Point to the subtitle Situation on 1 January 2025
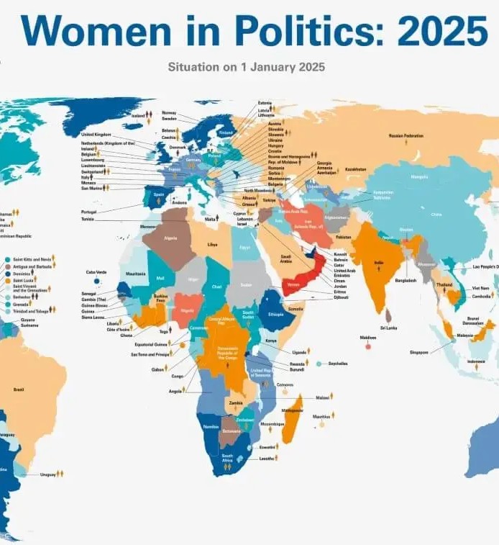click(x=246, y=67)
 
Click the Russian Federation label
click(x=406, y=135)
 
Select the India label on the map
click(x=379, y=264)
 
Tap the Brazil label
click(x=19, y=389)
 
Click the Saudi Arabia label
click(x=285, y=258)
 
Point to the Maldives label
click(x=367, y=337)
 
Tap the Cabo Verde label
click(x=96, y=272)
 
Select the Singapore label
click(x=419, y=352)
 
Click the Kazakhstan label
click(x=355, y=169)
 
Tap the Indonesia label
click(x=476, y=361)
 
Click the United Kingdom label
click(x=96, y=135)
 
